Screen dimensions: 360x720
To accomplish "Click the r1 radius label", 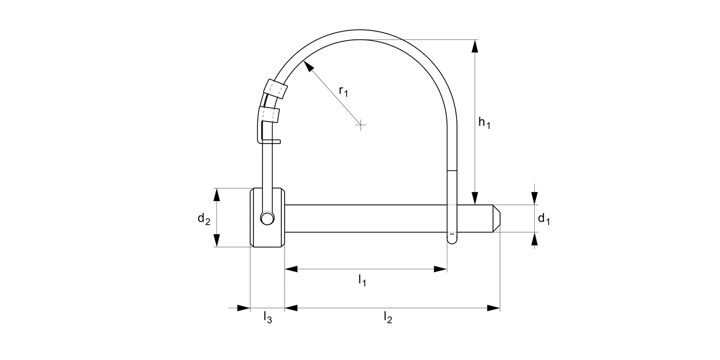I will click(x=343, y=91).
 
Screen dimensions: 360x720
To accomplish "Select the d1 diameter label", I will click(x=543, y=219).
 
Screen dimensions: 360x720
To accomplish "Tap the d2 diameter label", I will click(x=204, y=219).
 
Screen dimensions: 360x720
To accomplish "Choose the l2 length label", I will click(x=388, y=317).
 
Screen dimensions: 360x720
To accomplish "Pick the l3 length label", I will click(x=267, y=317).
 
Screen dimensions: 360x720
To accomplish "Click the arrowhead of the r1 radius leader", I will click(x=309, y=67).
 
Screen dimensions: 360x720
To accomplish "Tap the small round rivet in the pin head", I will click(x=267, y=218).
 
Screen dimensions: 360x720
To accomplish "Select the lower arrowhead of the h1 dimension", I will click(x=475, y=198).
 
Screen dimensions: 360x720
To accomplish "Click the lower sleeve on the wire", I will click(x=269, y=114).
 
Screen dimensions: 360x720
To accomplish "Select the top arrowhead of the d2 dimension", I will click(x=216, y=195).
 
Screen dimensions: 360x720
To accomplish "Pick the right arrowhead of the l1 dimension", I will click(x=441, y=269).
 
